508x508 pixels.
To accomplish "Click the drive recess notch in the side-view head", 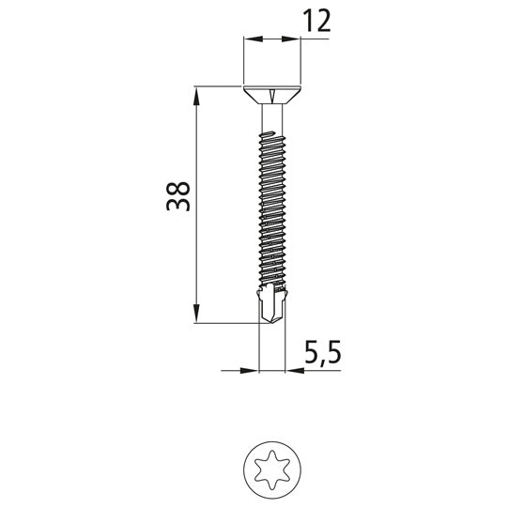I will pos(272,93).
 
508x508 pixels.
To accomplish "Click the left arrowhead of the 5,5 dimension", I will pos(251,370).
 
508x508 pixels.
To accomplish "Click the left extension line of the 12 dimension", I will pos(243,61).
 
